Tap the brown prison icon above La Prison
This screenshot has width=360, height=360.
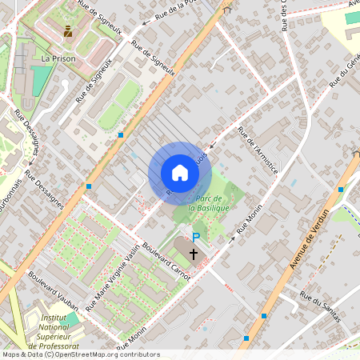67,32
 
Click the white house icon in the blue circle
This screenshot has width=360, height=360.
179,173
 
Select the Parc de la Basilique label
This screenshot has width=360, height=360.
209,202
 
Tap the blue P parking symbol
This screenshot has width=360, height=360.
196,238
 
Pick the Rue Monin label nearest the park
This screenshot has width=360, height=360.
250,217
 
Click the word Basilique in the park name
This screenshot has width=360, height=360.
210,208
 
